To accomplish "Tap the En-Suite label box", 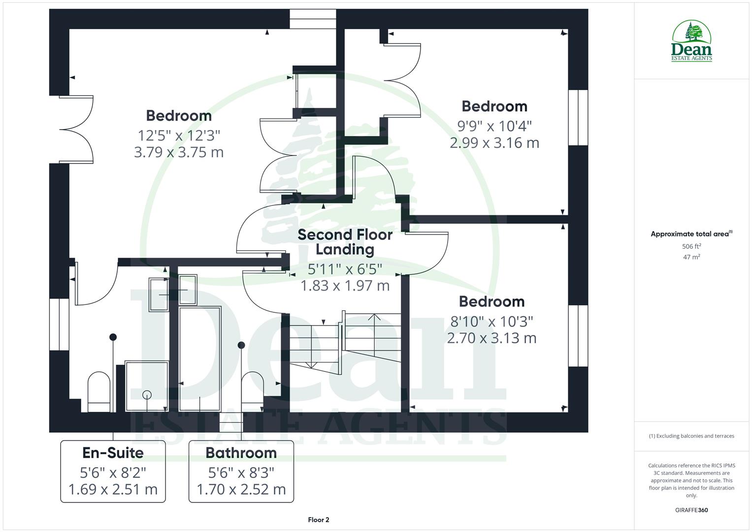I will click(113, 471).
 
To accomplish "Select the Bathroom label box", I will click(241, 471).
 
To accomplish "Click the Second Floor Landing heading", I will click(345, 242).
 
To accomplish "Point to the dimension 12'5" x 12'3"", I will click(179, 135).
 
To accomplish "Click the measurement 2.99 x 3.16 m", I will click(494, 143).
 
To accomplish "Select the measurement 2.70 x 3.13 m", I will click(491, 338).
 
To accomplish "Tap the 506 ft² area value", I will click(691, 246).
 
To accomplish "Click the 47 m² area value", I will click(691, 257).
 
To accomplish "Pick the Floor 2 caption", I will click(318, 520).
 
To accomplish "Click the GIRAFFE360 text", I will click(691, 510).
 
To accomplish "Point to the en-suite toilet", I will click(99, 391).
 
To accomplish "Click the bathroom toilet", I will click(252, 389).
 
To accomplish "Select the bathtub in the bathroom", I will click(199, 358).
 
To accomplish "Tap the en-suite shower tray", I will click(147, 386).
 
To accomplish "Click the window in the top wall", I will click(313, 19).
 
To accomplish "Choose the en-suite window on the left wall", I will click(60, 324).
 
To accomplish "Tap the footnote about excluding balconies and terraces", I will click(691, 436).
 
